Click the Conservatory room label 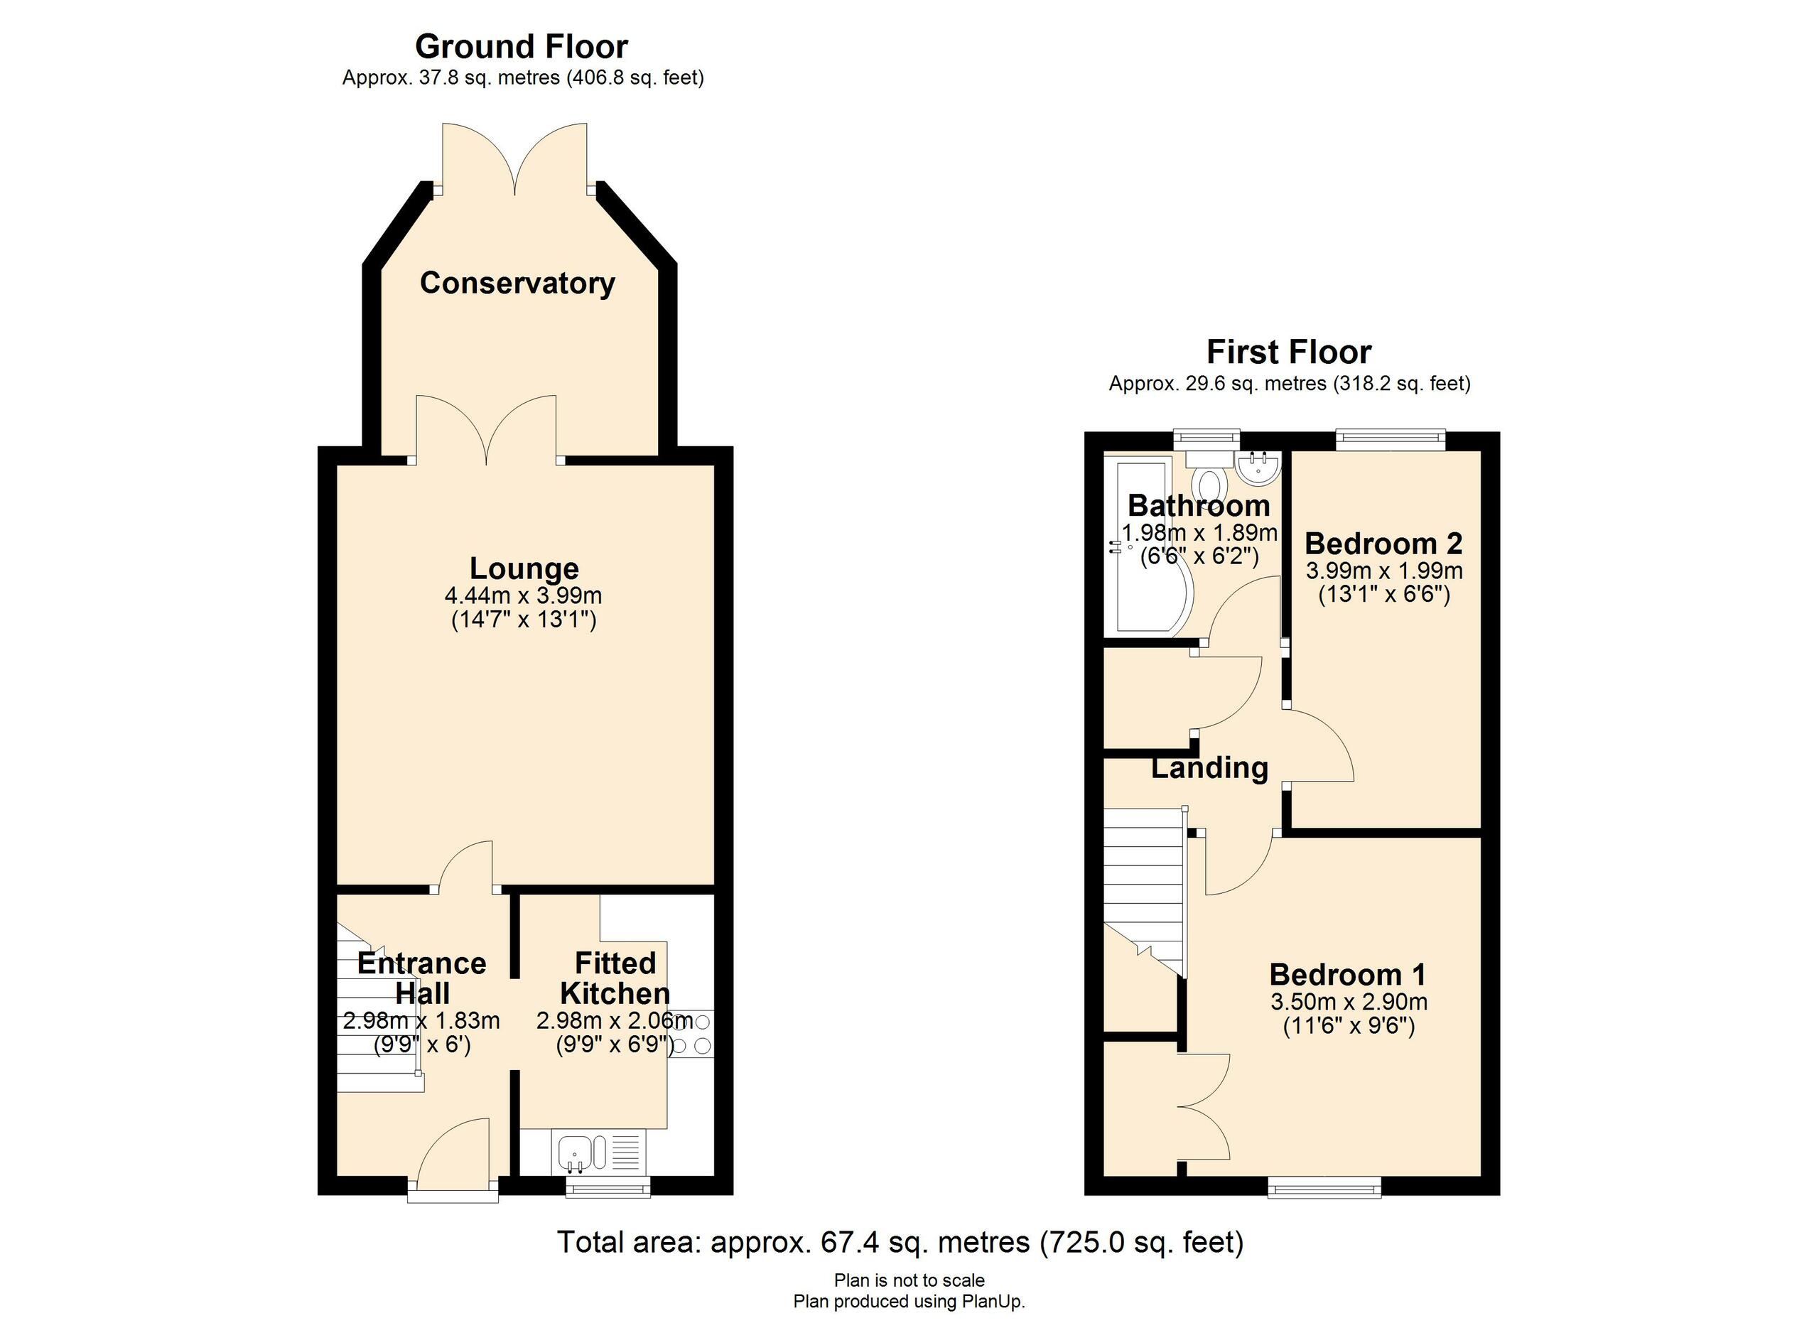point(517,283)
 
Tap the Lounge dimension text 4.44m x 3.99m point(523,595)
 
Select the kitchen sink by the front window point(575,1153)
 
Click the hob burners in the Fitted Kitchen point(691,1034)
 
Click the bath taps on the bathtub point(1114,547)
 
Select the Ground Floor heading point(522,46)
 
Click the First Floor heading point(1289,352)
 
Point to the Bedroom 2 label point(1383,544)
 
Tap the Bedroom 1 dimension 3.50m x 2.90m point(1349,1001)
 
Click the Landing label point(1209,767)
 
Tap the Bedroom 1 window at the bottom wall point(1324,1187)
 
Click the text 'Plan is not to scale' point(909,1280)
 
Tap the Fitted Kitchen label point(615,978)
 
